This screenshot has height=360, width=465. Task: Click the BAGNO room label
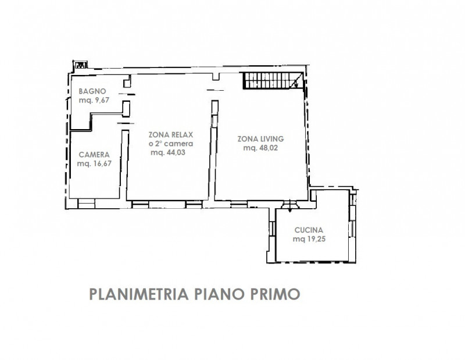tap(92, 91)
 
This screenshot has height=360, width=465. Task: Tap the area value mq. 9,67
tap(94, 100)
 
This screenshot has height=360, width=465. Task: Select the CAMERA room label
tap(94, 155)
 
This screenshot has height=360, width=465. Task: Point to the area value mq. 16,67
tap(94, 163)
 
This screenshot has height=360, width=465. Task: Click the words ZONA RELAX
tap(171, 135)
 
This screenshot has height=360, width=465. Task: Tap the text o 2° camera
tap(171, 144)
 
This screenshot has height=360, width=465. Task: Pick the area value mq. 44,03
tap(168, 152)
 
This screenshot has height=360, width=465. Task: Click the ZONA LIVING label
tap(260, 139)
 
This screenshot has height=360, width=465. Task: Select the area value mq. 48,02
tap(260, 148)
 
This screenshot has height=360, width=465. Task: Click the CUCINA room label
tap(309, 230)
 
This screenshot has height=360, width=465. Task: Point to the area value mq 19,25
tap(309, 239)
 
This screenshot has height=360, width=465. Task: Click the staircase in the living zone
tap(273, 80)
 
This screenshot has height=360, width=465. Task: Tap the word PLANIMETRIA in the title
tap(139, 294)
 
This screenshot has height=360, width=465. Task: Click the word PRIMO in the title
tap(275, 294)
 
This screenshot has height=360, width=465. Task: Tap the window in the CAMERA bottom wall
tap(86, 204)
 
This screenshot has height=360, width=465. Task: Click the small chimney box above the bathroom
tap(81, 65)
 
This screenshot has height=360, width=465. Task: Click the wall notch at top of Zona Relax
tap(216, 77)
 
